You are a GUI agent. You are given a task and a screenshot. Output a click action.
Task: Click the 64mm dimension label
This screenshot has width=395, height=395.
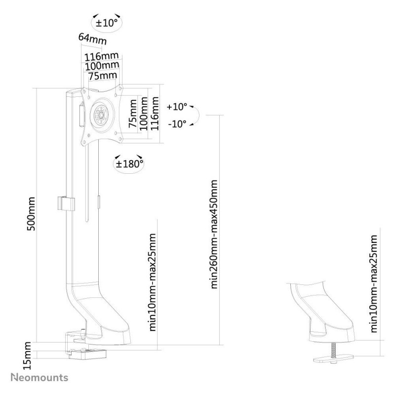tap(92, 39)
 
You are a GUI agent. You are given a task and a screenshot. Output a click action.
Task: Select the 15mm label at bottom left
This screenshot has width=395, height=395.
tap(27, 355)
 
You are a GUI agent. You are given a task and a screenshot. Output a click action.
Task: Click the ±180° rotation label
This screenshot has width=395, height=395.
tap(129, 164)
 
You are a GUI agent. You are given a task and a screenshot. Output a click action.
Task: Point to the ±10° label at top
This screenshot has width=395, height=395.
tap(107, 23)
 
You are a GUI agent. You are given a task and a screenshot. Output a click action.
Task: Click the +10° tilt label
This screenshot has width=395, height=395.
tap(177, 107)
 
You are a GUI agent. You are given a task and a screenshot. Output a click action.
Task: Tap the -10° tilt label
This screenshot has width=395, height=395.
tap(177, 124)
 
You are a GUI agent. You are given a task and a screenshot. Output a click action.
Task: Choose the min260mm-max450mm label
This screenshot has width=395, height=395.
tap(214, 234)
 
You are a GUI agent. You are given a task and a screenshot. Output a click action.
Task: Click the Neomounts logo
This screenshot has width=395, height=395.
tap(39, 378)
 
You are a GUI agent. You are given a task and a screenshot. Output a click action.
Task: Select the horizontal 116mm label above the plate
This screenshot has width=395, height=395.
tap(101, 56)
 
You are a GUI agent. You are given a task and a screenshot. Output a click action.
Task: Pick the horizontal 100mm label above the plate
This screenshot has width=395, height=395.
tap(102, 66)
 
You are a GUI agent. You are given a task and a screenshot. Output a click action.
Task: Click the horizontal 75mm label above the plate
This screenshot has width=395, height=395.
tap(103, 76)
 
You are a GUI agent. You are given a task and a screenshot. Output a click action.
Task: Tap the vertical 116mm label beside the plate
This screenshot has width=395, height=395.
tap(155, 114)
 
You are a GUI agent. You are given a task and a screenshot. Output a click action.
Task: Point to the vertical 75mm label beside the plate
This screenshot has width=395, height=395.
tap(133, 114)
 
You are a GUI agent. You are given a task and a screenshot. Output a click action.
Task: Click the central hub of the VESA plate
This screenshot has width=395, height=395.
tap(101, 115)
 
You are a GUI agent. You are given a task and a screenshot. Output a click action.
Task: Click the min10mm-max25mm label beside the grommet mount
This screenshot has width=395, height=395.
tap(374, 283)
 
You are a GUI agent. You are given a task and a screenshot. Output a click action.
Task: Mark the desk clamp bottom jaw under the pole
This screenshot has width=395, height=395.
tap(87, 354)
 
